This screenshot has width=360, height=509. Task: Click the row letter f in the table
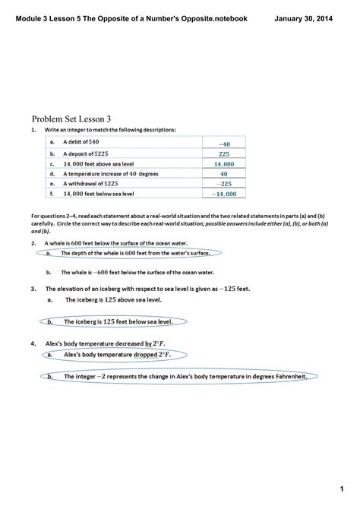(52, 194)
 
